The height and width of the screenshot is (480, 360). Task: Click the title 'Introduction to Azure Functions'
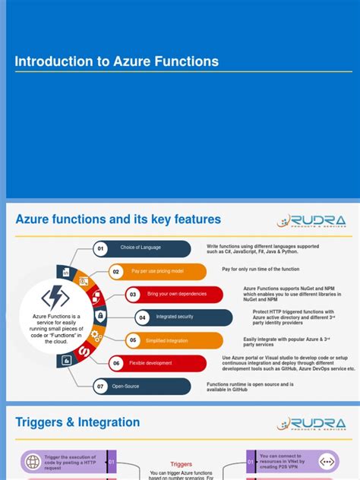coord(117,62)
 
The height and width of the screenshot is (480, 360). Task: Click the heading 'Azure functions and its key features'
coord(118,219)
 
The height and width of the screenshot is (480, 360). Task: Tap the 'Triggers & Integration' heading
coord(77,422)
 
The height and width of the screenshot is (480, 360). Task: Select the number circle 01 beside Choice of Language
coord(100,249)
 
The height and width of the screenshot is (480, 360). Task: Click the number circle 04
coord(142,317)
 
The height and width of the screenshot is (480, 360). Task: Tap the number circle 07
coord(100,387)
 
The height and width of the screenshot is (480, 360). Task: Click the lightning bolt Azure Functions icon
coord(55,297)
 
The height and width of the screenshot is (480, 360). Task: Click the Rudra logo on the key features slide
coord(311,221)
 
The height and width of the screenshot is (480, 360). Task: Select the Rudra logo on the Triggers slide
coord(311,424)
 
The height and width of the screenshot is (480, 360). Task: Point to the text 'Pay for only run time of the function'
coord(260,269)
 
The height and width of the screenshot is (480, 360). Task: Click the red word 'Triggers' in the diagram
coord(181,463)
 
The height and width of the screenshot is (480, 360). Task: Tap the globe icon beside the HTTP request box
coord(33,461)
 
